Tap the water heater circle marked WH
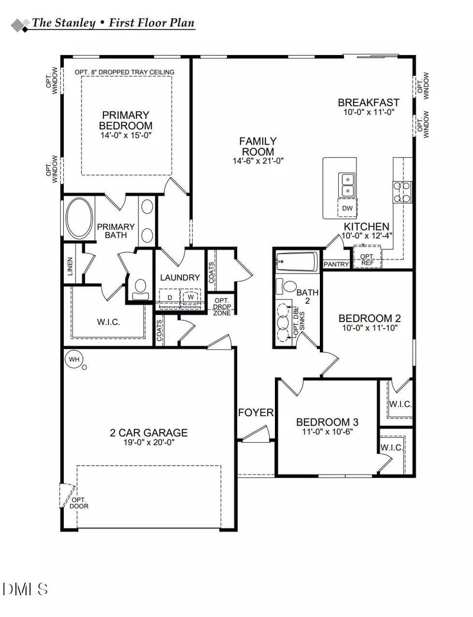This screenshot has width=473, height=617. click(x=74, y=359)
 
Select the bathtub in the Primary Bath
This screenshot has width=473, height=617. click(x=79, y=218)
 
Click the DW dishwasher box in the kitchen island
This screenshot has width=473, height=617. click(x=348, y=208)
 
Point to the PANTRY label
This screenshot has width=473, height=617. click(x=336, y=264)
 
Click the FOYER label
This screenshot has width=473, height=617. click(x=256, y=412)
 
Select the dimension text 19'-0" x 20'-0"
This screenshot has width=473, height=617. click(x=148, y=442)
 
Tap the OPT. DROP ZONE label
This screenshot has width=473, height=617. click(x=222, y=306)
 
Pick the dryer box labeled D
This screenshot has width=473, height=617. click(x=170, y=297)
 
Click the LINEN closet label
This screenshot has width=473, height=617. click(x=70, y=267)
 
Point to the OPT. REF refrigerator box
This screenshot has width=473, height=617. click(x=367, y=259)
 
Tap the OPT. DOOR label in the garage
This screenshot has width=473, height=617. click(x=79, y=502)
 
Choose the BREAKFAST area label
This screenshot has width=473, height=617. click(x=368, y=102)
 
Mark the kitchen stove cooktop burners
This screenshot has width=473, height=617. click(x=403, y=192)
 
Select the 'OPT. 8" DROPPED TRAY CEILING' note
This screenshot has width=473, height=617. click(x=124, y=72)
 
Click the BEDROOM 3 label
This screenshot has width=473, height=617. click(x=327, y=422)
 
